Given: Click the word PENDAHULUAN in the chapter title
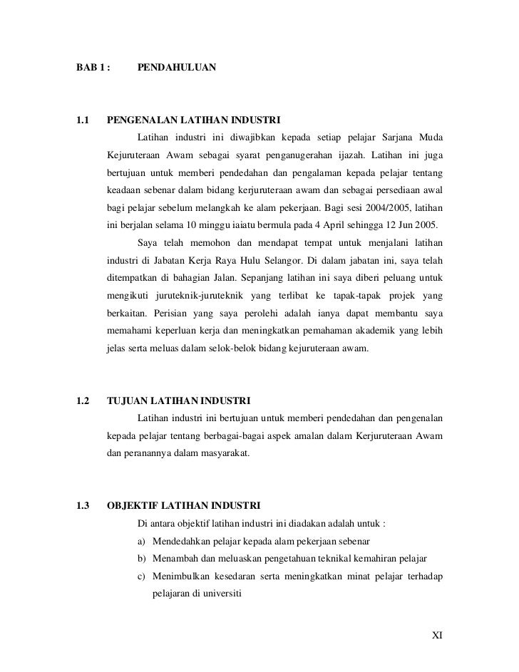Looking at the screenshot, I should [175, 68].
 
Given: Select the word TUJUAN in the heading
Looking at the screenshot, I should [125, 398].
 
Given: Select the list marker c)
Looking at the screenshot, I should [141, 580].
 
